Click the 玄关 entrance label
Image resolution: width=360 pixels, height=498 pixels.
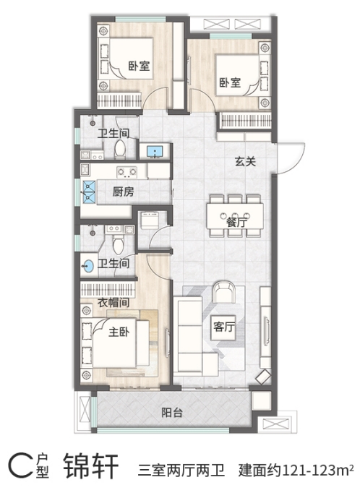(245, 161)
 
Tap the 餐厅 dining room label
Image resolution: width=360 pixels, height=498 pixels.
(236, 221)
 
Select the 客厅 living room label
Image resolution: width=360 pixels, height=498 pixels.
(224, 327)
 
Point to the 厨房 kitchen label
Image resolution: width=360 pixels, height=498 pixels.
(124, 192)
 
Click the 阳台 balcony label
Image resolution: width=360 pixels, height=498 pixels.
(172, 412)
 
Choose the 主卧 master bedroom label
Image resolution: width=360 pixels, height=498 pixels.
(119, 332)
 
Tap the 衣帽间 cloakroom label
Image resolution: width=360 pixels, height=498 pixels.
(113, 302)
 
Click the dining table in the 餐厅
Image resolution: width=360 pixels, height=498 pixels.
(235, 216)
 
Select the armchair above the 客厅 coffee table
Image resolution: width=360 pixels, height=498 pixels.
(224, 291)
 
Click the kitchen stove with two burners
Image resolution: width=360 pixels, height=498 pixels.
(127, 172)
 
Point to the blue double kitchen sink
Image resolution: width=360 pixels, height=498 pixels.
(89, 192)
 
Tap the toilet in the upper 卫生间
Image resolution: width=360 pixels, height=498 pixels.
(120, 149)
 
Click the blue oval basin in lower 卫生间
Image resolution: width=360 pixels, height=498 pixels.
(88, 266)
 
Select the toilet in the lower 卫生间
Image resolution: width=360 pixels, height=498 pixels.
(118, 244)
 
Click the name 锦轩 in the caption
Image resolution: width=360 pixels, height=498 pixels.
(91, 466)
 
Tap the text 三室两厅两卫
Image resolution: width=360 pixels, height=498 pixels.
(181, 470)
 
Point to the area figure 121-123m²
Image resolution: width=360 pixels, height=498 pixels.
(318, 469)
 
